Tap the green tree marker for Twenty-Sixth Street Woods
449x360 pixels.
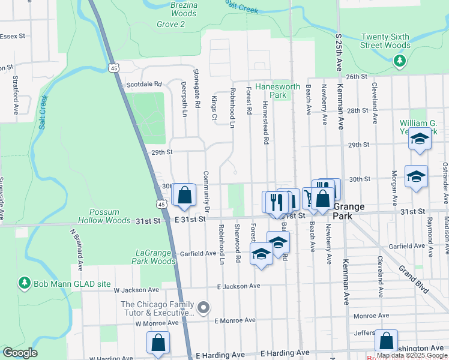point(399,60)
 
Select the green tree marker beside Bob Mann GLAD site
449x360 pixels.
point(24,282)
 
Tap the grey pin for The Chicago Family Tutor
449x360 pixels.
point(203,308)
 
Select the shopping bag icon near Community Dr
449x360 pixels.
point(184,195)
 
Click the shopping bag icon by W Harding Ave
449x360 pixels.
point(158,343)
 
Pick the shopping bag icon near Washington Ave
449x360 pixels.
point(386,341)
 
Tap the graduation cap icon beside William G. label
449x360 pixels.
point(420,140)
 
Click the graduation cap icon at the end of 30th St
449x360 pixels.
point(416,177)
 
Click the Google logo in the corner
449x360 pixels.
point(19,353)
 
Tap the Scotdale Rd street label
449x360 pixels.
point(144,85)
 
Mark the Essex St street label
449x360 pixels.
point(13,36)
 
